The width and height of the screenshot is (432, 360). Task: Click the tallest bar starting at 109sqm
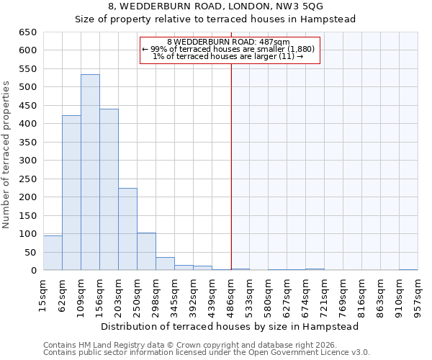pos(90,173)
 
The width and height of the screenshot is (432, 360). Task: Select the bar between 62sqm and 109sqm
pos(71,193)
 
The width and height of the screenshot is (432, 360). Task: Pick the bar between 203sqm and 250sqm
pos(127,230)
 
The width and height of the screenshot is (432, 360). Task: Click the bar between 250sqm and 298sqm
pos(146,252)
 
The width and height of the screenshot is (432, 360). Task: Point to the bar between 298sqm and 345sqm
pos(165,264)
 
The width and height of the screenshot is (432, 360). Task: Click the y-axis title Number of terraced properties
pos(6,155)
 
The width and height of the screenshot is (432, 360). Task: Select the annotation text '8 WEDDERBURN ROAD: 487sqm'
pos(228,42)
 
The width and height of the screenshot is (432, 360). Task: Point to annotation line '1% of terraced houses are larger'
pos(228,56)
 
